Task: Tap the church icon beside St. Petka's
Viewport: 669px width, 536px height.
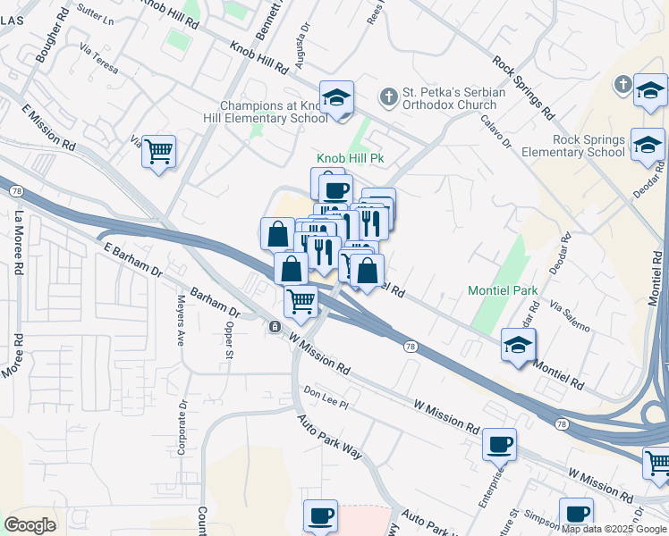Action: (x=388, y=95)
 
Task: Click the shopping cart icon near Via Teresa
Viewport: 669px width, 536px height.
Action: (x=158, y=151)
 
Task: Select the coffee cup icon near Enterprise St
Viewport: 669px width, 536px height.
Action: (x=499, y=443)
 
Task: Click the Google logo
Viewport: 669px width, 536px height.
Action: (x=30, y=525)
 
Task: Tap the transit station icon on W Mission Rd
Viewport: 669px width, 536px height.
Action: (x=274, y=327)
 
